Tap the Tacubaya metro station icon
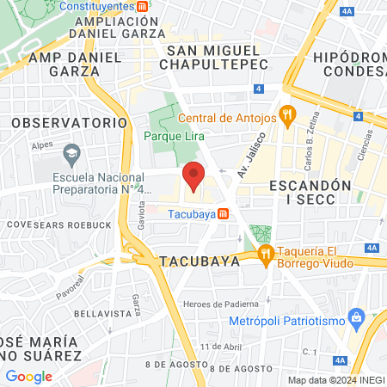223,213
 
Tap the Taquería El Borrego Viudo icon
265,252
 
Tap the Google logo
28,376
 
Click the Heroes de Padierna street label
222,303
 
